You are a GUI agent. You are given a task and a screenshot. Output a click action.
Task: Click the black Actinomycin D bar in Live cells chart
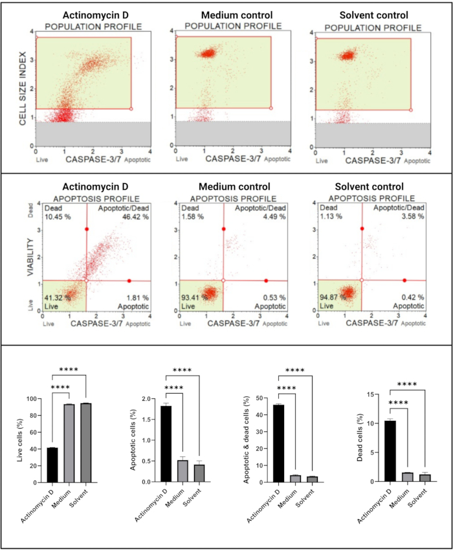52,465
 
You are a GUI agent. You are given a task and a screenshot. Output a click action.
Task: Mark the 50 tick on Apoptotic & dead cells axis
259,399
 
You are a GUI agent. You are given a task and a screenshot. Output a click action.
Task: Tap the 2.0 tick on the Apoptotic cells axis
148,399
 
